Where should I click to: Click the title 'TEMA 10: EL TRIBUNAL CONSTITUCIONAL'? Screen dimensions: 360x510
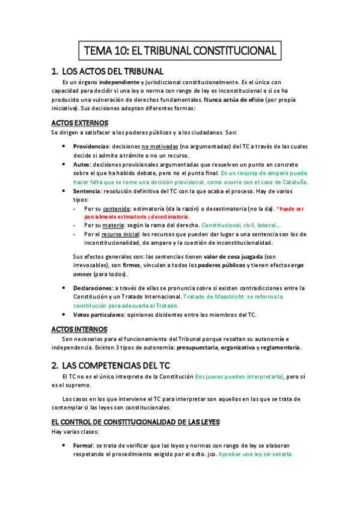click(180, 50)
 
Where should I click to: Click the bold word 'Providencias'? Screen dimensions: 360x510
click(91, 146)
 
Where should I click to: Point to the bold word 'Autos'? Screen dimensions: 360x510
click(81, 164)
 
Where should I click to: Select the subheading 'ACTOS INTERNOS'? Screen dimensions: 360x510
click(79, 330)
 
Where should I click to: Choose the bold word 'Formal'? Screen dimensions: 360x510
click(83, 446)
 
